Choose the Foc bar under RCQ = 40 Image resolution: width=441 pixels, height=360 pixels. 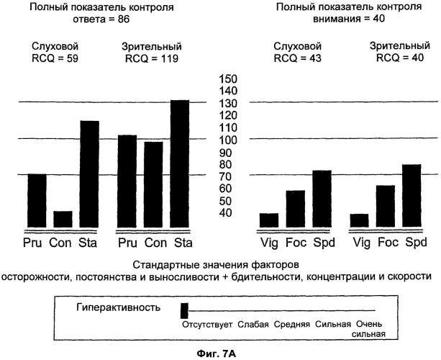click(x=386, y=206)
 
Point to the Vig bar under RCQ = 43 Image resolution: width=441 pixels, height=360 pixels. click(x=269, y=220)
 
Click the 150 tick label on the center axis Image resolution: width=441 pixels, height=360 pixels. click(x=227, y=78)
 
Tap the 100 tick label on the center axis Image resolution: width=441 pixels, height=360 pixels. click(x=227, y=139)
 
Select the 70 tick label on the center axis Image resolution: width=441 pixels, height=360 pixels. click(x=227, y=176)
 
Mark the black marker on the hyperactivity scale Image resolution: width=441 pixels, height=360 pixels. click(x=184, y=311)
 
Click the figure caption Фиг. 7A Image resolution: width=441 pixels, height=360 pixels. click(x=220, y=353)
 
